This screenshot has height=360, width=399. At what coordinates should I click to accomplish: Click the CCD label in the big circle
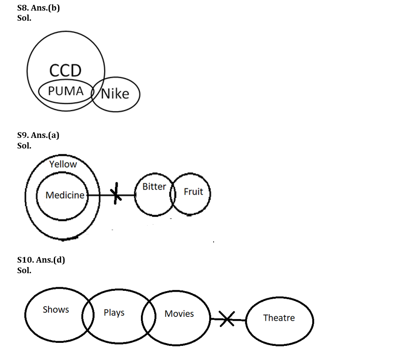point(66,71)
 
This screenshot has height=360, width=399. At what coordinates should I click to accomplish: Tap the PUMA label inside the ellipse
point(66,91)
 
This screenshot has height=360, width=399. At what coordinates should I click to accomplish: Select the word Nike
point(115,93)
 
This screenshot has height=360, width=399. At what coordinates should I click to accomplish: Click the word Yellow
point(63,164)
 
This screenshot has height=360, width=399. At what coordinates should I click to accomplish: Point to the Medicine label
point(65,195)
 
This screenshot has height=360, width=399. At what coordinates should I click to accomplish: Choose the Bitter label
point(154,186)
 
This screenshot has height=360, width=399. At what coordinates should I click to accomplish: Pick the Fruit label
point(193,192)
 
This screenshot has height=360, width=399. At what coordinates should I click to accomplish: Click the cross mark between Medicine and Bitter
point(116,194)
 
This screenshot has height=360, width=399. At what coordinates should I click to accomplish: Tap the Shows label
point(56,309)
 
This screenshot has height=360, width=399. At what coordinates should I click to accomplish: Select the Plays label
point(114,312)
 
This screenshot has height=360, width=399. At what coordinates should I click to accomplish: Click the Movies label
point(179,314)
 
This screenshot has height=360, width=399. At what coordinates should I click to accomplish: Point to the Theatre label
point(279,318)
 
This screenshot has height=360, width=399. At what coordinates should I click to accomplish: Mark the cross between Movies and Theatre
point(227,319)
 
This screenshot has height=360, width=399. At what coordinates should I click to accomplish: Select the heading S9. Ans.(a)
point(38,135)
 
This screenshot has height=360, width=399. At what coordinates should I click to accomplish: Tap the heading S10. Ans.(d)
point(41,260)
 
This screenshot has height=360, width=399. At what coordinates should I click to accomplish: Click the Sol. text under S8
point(24,19)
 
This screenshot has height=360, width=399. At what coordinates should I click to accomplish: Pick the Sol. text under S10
point(24,270)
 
